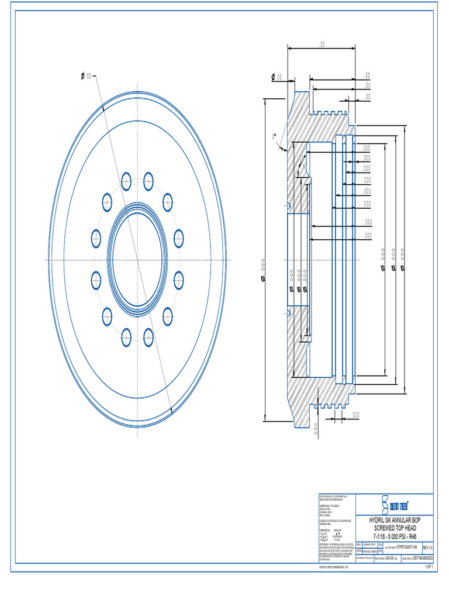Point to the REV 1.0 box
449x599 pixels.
(427, 547)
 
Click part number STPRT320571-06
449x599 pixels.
(406, 547)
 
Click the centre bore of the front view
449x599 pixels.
(137, 260)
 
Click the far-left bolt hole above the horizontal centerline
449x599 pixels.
(96, 238)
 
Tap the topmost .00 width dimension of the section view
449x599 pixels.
(322, 45)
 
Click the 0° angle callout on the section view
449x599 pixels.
(273, 136)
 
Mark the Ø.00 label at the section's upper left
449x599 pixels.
(276, 77)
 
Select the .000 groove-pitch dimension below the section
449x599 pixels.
(355, 414)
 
